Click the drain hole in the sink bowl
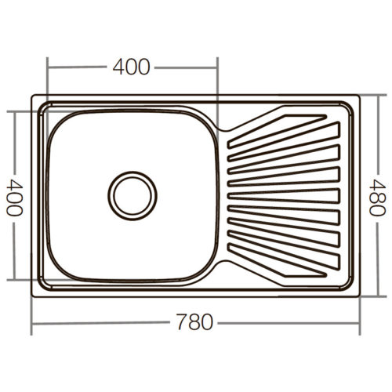click(132, 195)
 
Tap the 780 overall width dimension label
click(194, 323)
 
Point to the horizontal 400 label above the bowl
click(131, 67)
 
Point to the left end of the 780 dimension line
click(32, 324)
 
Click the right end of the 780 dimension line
click(360, 324)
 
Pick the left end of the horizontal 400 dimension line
click(47, 68)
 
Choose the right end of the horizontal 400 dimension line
click(217, 68)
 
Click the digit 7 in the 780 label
click(181, 323)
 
